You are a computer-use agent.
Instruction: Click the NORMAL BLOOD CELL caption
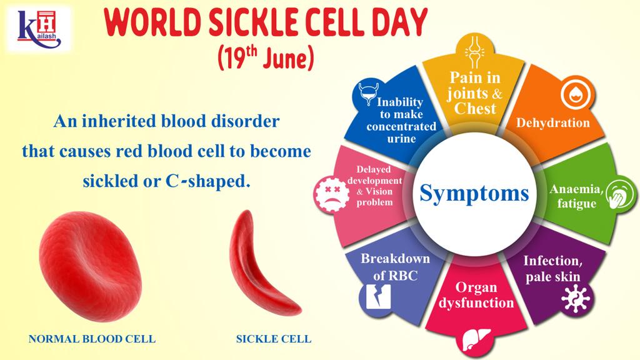[x=92, y=339]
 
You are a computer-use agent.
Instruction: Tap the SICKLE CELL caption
[x=273, y=339]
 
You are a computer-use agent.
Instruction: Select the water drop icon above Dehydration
[x=572, y=94]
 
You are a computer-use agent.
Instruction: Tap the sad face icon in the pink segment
[x=331, y=191]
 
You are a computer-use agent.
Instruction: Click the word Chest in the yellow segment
[x=475, y=109]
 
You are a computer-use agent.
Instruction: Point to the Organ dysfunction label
[x=476, y=295]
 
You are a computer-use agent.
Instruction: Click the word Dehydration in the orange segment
[x=552, y=122]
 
